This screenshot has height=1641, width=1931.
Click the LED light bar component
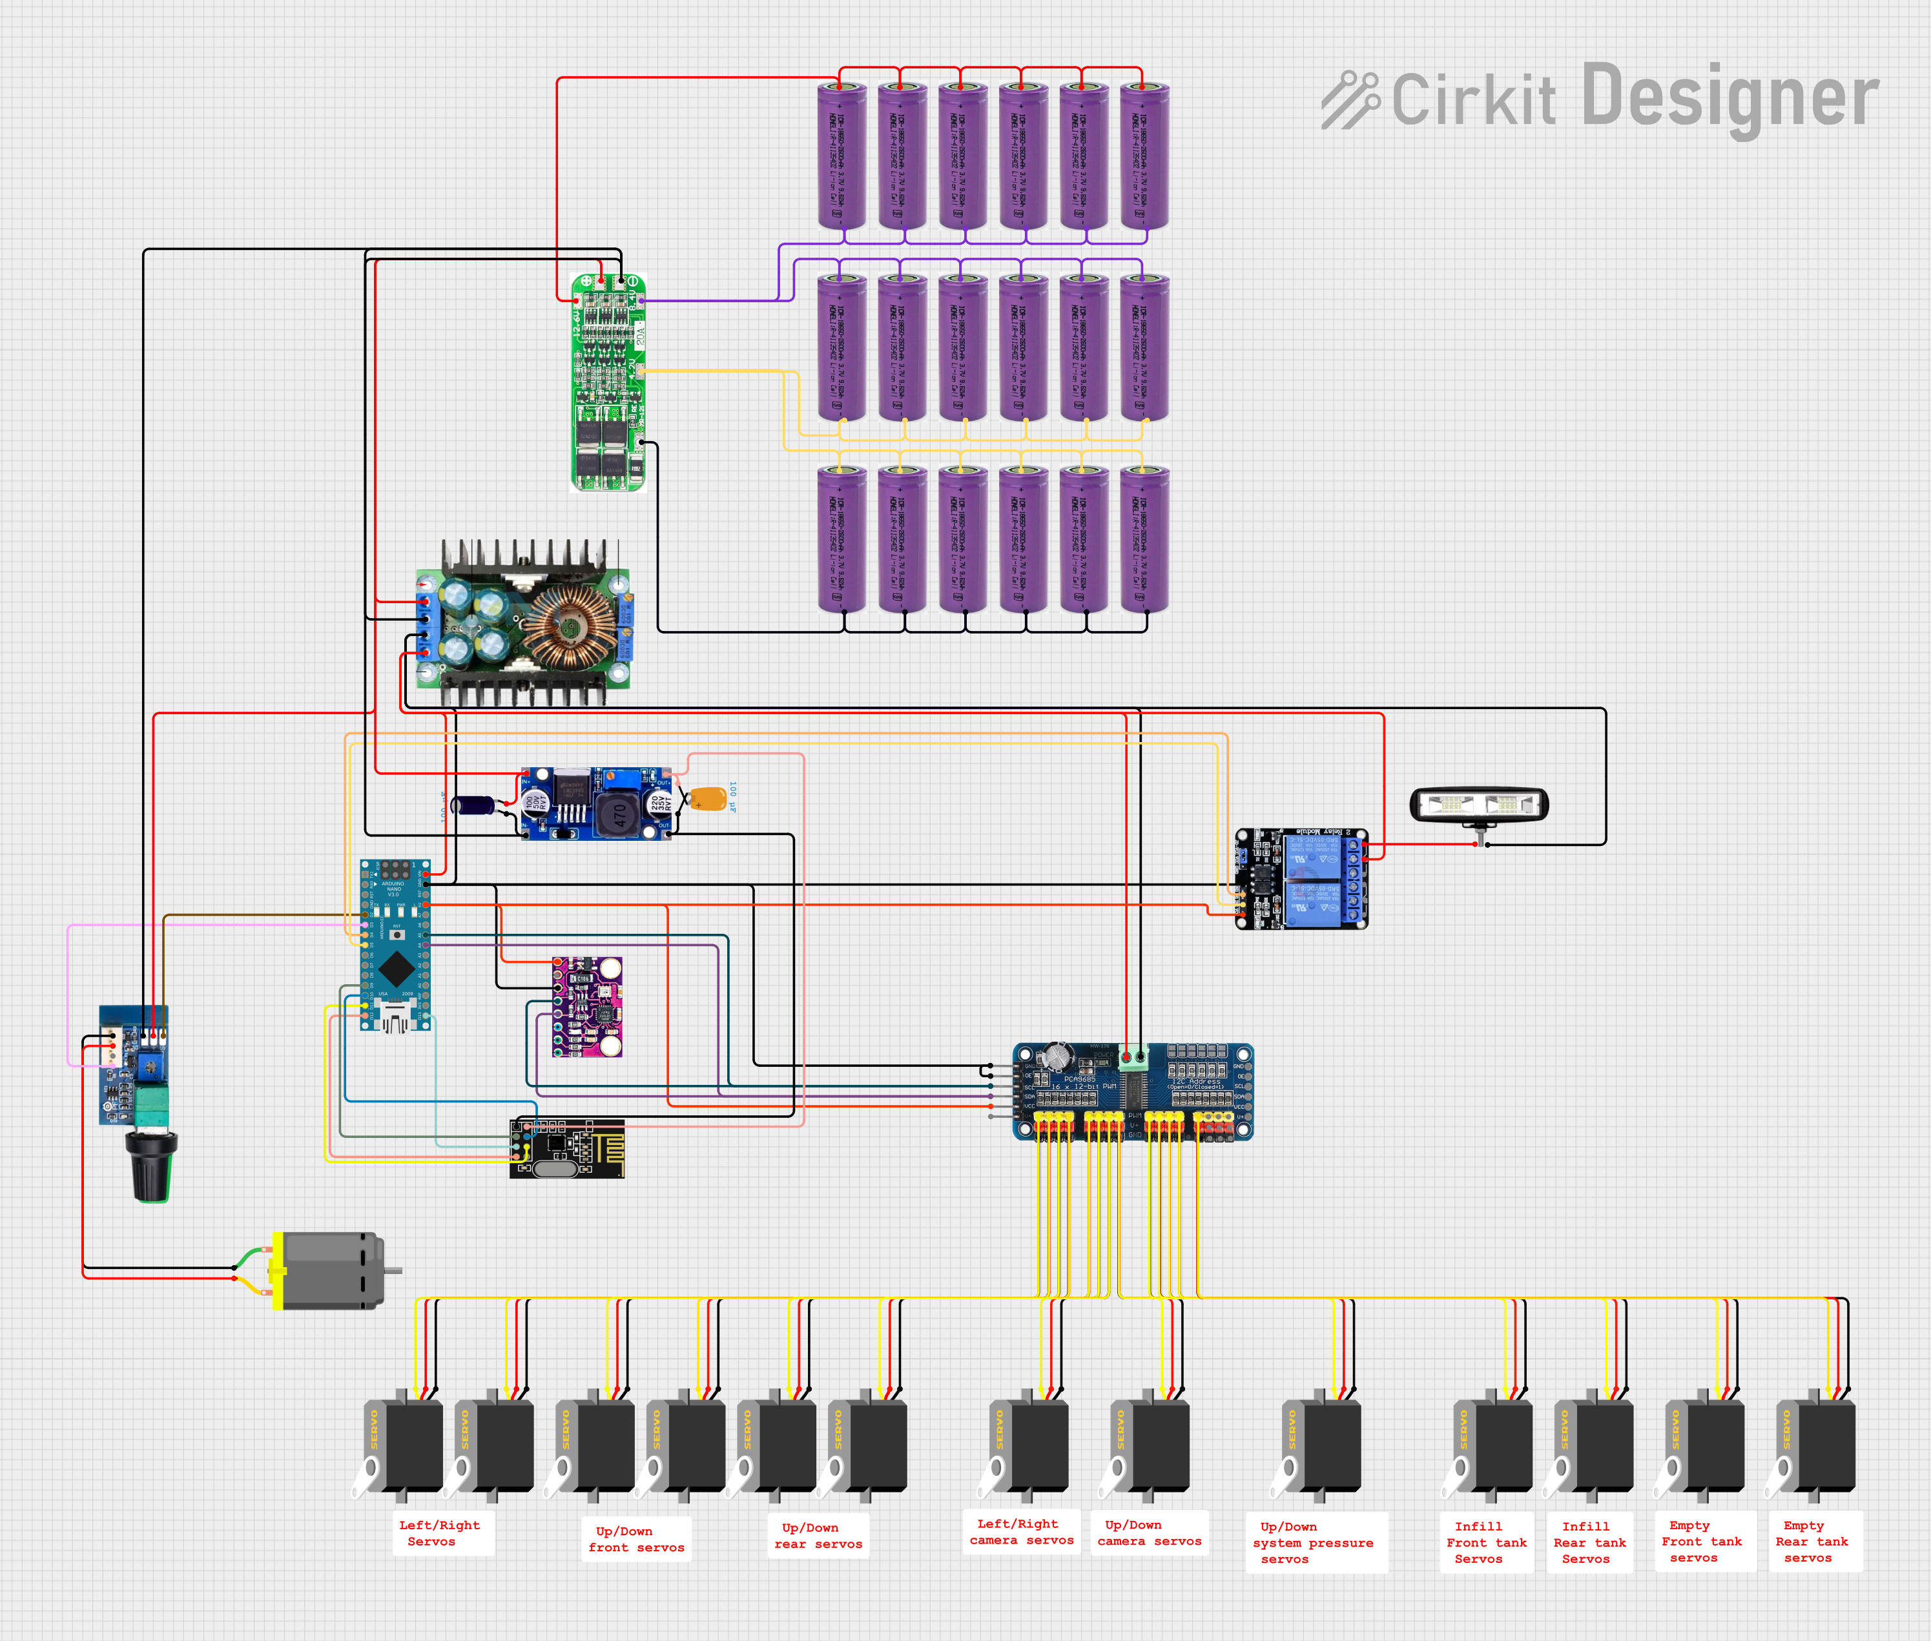[1479, 805]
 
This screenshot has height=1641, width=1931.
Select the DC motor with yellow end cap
[330, 1271]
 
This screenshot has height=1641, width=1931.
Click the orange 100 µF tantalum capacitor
[708, 799]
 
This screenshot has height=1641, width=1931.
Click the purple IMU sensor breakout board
[587, 1007]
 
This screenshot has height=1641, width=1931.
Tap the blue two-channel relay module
[1301, 878]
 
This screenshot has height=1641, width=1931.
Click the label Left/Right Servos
[439, 1533]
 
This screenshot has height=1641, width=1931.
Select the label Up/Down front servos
[636, 1539]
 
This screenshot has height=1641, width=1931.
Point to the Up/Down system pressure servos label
[1314, 1542]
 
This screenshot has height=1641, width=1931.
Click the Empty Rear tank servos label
[1812, 1542]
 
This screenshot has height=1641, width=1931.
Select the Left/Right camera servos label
[1020, 1532]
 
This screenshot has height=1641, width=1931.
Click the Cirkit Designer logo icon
[1350, 99]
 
